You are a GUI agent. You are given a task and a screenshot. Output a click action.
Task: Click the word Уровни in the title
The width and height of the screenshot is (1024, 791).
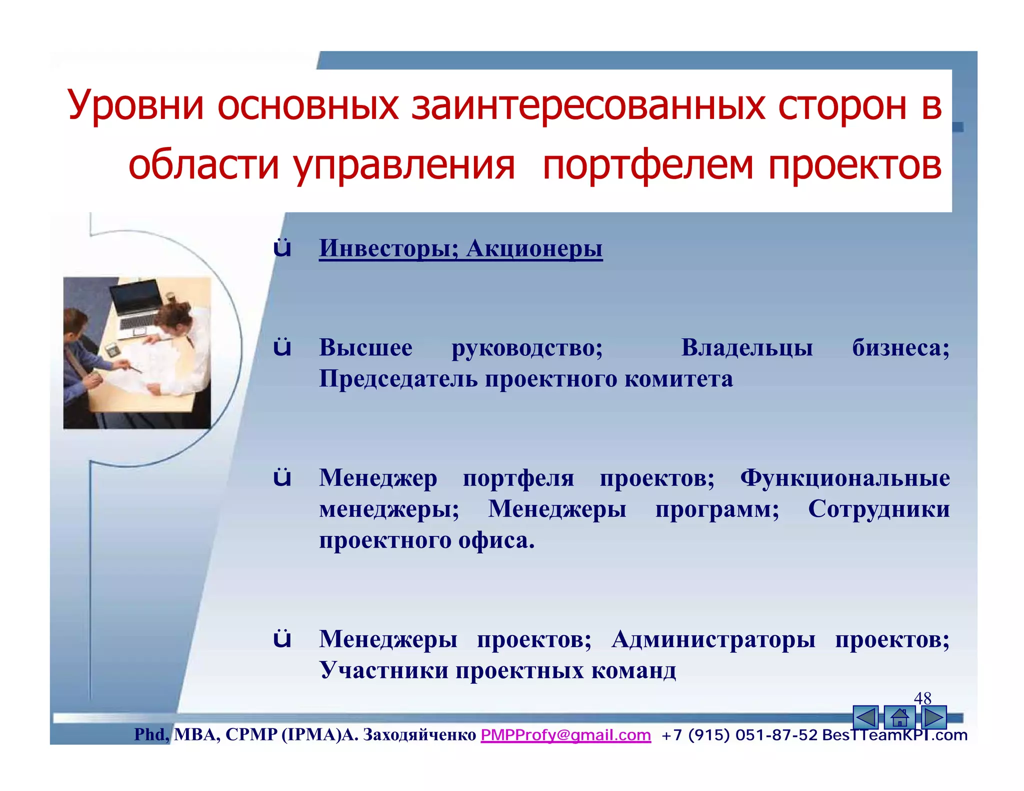tap(135, 106)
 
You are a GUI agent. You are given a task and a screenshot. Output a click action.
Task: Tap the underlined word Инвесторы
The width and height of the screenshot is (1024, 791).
tap(388, 248)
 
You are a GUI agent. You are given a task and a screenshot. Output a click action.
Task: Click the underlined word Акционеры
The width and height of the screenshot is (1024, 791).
tap(534, 248)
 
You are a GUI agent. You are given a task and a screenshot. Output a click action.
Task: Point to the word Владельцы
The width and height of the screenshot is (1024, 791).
tap(747, 347)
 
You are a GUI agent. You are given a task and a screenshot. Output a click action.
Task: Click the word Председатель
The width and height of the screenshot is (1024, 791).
tap(398, 378)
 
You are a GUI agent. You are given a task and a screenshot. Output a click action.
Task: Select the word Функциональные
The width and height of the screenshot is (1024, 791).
tap(844, 478)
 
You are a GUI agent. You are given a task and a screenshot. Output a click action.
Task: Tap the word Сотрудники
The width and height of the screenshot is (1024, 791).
tap(878, 509)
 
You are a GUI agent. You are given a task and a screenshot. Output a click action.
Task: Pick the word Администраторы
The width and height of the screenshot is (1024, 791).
tap(713, 639)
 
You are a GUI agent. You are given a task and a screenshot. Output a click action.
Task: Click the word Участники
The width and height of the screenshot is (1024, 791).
tap(383, 670)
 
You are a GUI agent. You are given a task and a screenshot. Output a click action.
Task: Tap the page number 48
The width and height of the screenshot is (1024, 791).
tap(922, 698)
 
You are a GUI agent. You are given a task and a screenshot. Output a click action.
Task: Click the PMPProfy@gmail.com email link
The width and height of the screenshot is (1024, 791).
tap(565, 735)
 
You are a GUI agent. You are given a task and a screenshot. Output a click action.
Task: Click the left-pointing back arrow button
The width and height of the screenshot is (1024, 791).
tap(865, 718)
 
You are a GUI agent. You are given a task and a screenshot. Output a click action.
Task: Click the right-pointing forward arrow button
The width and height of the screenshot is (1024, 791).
tap(933, 718)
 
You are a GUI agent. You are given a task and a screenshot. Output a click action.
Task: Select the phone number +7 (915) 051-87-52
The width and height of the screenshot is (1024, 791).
tap(739, 735)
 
